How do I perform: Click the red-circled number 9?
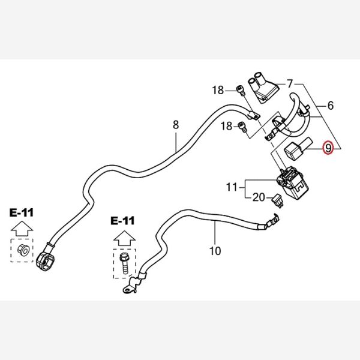[328, 147]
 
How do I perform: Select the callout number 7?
[290, 83]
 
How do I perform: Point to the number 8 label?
[176, 125]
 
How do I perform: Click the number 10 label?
[215, 250]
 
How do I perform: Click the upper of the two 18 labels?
[217, 91]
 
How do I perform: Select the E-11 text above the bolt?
[124, 220]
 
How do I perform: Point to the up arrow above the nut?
[22, 228]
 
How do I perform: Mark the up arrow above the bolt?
[124, 235]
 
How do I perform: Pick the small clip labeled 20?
[277, 200]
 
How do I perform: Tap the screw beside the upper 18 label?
[241, 92]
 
